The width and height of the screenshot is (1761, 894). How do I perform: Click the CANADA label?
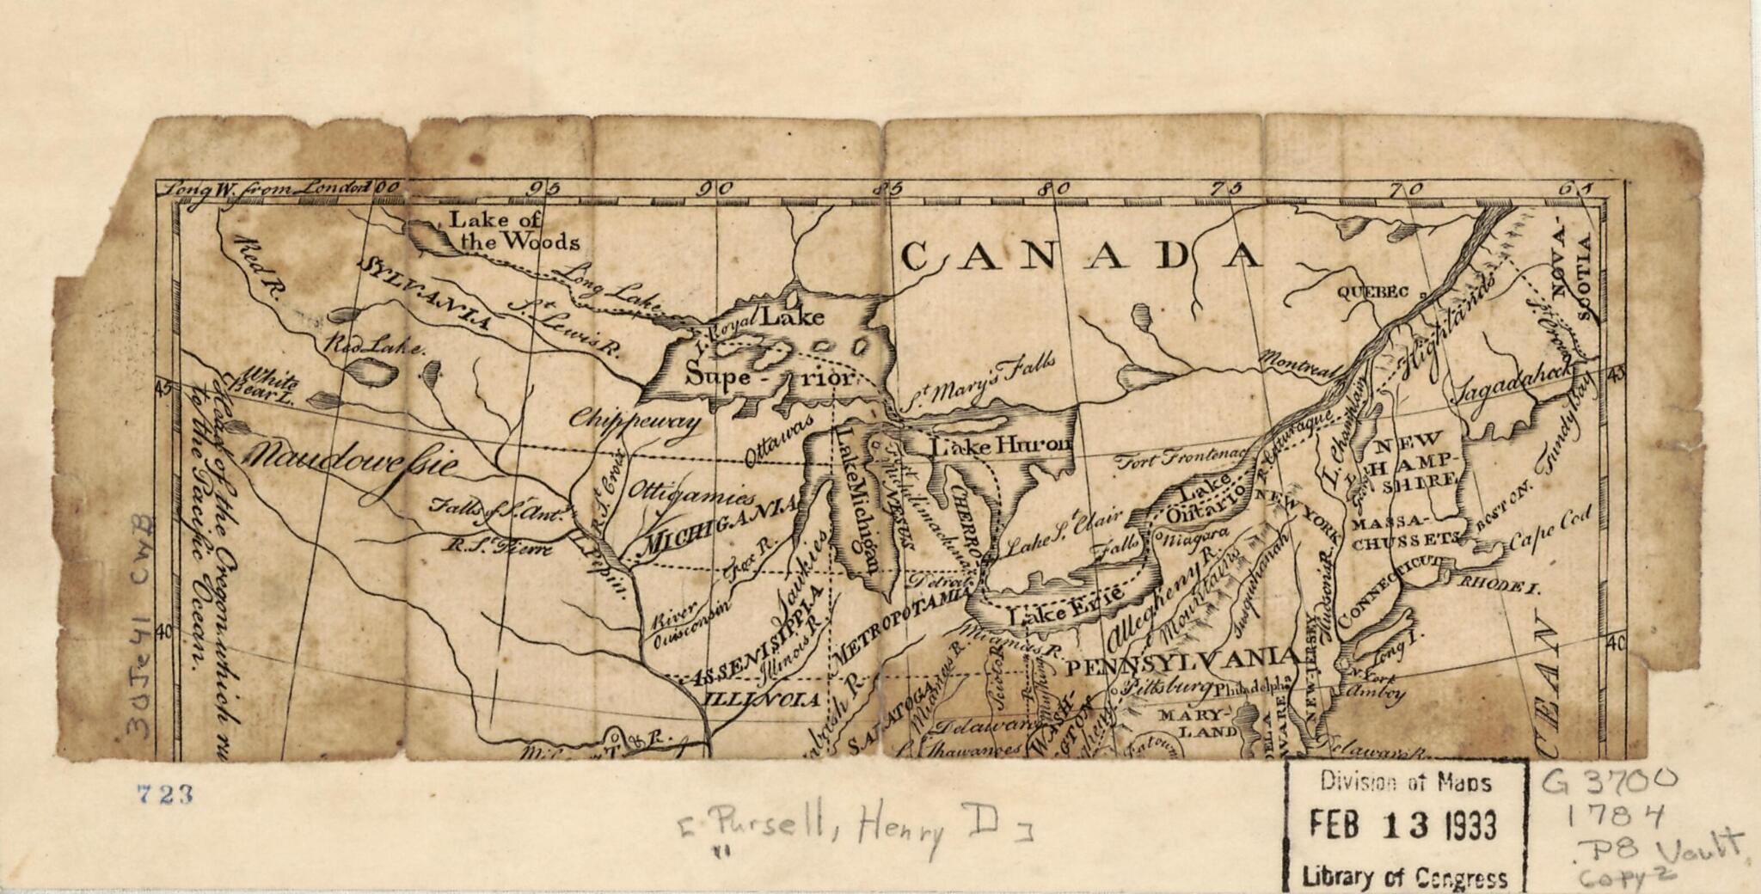tap(1082, 255)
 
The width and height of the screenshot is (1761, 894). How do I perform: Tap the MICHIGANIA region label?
tap(721, 526)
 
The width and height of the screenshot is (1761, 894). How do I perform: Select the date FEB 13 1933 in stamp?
tap(1404, 825)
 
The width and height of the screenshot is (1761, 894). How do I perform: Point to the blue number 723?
tap(164, 794)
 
